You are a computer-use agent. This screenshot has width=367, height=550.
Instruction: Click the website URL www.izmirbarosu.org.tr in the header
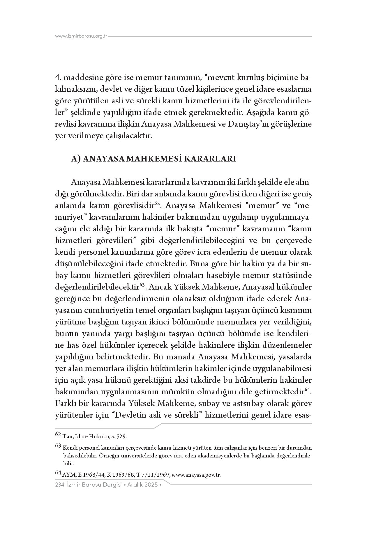[x=81, y=36]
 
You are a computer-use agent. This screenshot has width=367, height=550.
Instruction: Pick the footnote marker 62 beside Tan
[x=58, y=435]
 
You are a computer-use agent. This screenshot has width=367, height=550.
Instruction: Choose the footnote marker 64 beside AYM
[x=58, y=473]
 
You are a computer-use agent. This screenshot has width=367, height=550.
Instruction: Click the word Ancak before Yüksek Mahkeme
[x=157, y=287]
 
